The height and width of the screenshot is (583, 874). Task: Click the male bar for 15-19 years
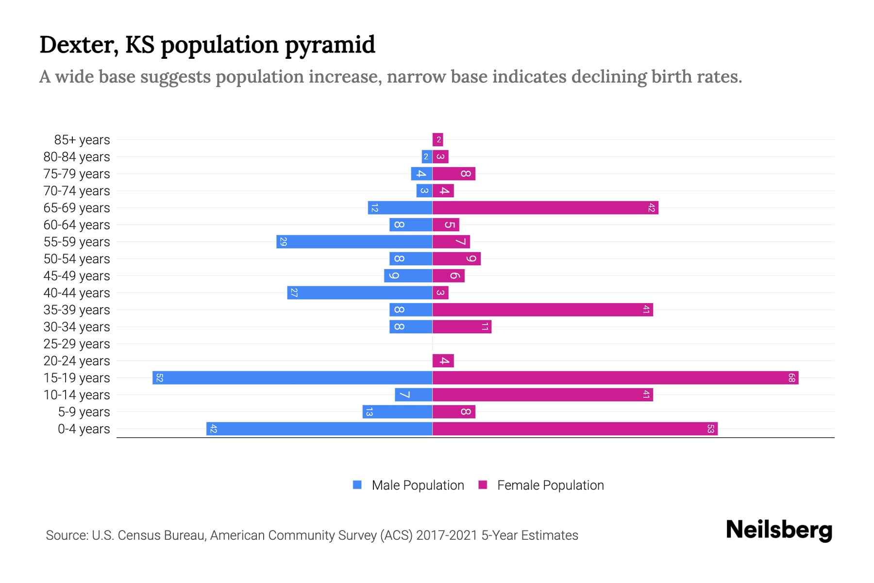(x=292, y=378)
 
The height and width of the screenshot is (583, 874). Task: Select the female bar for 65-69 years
(x=545, y=208)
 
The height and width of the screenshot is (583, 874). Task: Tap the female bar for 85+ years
(x=438, y=140)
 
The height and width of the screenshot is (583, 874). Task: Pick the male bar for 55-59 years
(x=354, y=242)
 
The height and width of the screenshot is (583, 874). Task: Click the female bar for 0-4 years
(x=575, y=429)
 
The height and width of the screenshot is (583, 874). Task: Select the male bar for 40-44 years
(x=360, y=293)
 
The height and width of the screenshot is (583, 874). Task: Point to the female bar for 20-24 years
(x=443, y=361)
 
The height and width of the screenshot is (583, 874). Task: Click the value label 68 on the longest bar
(x=791, y=378)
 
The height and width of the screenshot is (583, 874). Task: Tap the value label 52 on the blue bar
(x=159, y=378)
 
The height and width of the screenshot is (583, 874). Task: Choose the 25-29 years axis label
(x=77, y=344)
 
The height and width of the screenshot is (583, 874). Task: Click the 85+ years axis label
(x=82, y=140)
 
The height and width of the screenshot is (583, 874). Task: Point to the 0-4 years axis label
(x=84, y=429)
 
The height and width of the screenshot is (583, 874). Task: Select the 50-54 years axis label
(x=77, y=259)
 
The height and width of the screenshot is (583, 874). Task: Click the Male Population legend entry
(x=417, y=485)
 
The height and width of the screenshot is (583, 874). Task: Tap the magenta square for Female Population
(x=483, y=485)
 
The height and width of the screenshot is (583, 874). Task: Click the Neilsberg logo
(x=779, y=530)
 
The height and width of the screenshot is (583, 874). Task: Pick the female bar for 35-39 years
(x=542, y=310)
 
